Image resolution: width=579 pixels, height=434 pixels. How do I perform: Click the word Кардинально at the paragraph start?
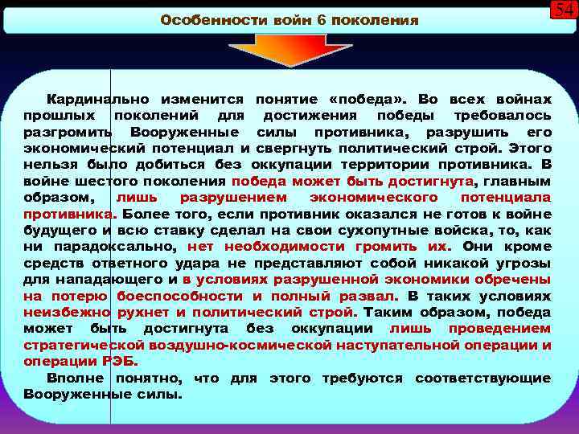pos(96,99)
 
